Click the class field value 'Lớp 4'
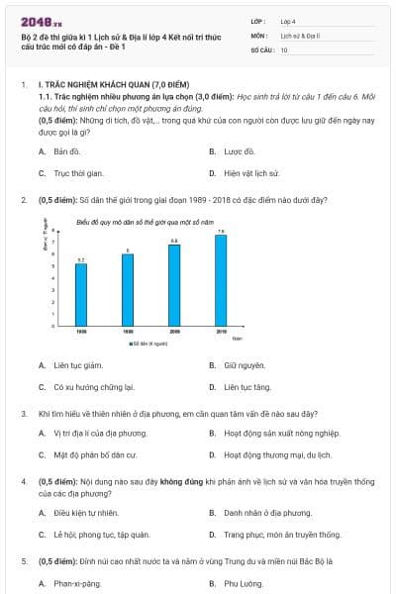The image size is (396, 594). pyautogui.click(x=288, y=21)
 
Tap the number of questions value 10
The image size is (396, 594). pyautogui.click(x=284, y=49)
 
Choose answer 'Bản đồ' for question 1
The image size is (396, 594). pyautogui.click(x=66, y=151)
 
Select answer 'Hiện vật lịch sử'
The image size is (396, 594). pyautogui.click(x=253, y=173)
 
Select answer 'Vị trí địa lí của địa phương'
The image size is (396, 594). pyautogui.click(x=100, y=434)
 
